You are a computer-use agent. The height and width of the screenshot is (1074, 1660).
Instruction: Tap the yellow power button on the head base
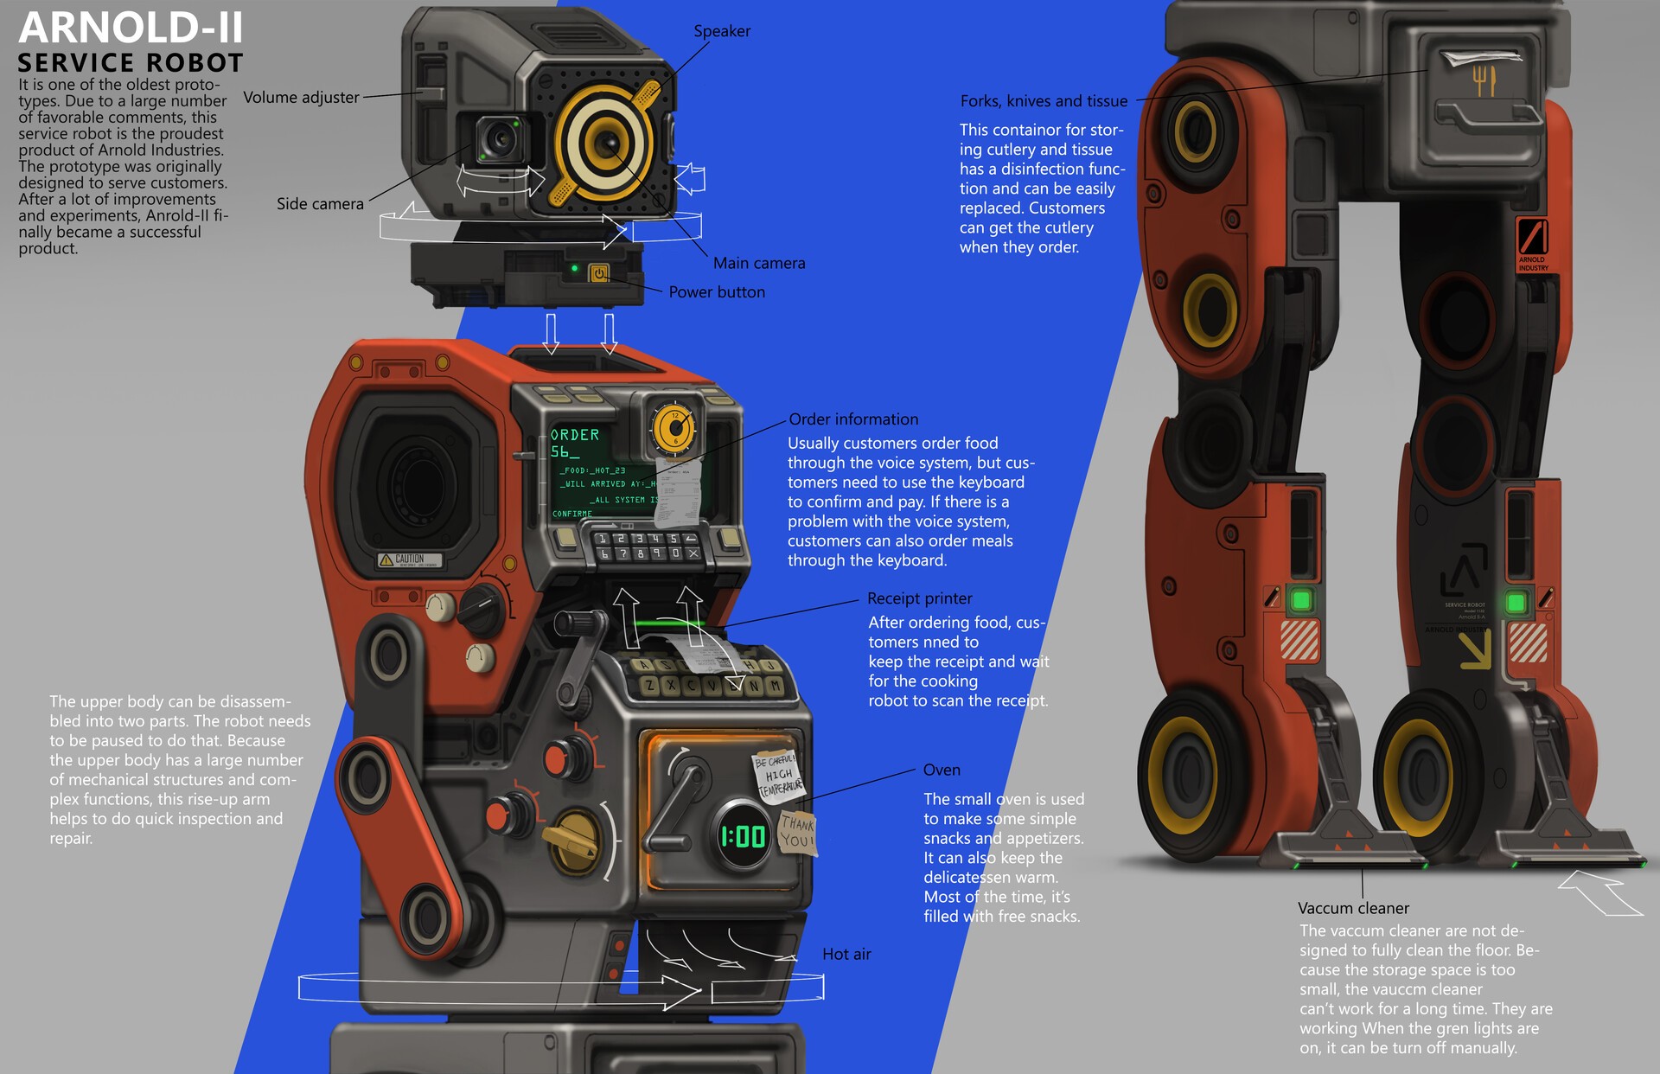tap(599, 273)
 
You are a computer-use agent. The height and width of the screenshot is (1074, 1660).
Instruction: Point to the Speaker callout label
tap(722, 31)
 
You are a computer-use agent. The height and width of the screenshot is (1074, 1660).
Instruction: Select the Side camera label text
tap(320, 204)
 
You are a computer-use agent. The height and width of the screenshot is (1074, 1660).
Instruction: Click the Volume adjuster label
tap(301, 98)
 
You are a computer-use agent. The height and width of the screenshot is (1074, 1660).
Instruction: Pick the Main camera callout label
tap(759, 263)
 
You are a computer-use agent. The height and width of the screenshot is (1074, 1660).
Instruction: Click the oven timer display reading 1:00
tap(743, 835)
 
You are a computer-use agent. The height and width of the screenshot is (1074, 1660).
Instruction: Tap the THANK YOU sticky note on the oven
tap(796, 832)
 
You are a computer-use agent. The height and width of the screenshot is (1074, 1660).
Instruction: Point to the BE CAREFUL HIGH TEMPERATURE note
tap(779, 774)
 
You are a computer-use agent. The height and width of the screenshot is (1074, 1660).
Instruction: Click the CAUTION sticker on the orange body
tap(410, 559)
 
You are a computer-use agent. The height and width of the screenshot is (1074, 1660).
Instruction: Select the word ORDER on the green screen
tap(575, 435)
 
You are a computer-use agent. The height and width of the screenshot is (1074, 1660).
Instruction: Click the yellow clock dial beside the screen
tap(674, 428)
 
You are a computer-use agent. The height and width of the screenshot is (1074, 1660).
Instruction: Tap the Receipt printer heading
tap(919, 598)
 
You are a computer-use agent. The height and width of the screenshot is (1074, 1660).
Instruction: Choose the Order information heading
tap(853, 419)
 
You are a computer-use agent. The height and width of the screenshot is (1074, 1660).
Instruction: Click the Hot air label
tap(846, 955)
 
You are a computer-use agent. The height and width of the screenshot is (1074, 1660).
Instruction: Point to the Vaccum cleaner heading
tap(1353, 908)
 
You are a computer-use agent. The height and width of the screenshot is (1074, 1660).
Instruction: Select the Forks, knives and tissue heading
tap(1044, 101)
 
